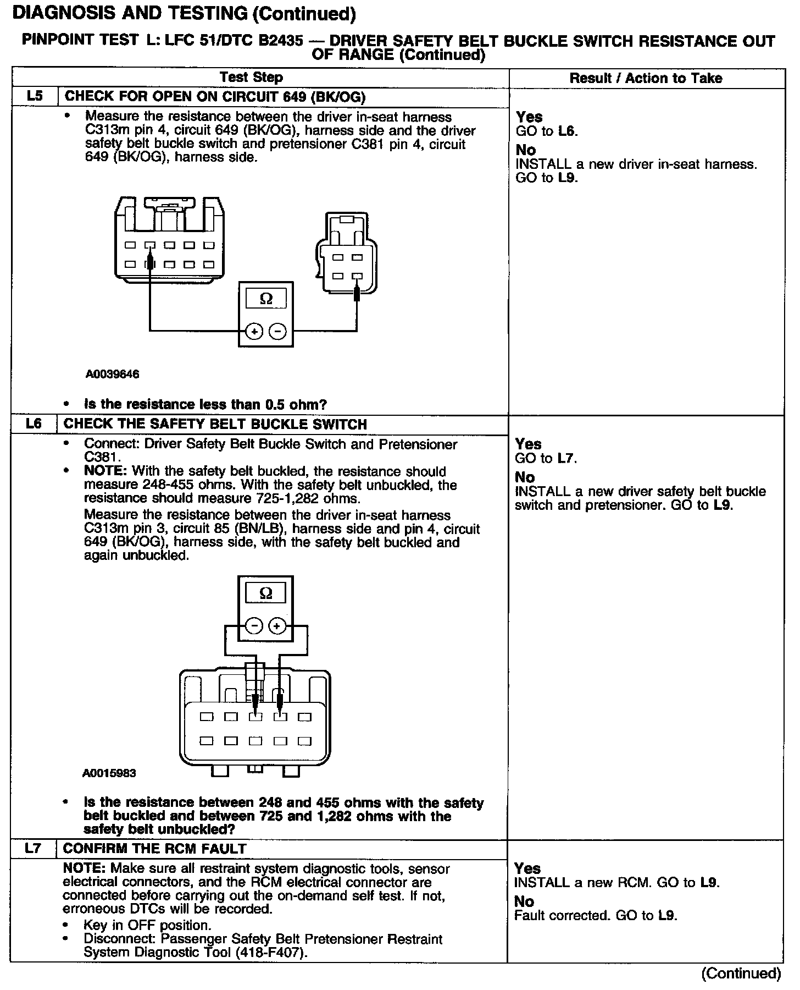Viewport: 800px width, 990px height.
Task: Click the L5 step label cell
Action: [34, 96]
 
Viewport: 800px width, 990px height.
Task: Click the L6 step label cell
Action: [34, 424]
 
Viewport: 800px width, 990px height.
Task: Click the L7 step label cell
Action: [33, 848]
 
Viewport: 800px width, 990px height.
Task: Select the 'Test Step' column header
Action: [251, 78]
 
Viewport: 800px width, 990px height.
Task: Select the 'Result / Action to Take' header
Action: [646, 78]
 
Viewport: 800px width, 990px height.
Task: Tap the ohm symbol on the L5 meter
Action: [265, 299]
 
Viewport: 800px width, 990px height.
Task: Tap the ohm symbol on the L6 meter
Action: [265, 593]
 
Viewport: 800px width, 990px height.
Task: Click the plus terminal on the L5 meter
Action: [254, 331]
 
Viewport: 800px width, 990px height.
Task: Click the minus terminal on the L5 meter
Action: [278, 331]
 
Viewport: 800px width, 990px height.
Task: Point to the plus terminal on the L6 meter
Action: [277, 626]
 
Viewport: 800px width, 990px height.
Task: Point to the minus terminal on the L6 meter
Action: [254, 626]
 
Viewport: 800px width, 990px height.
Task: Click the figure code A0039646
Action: [112, 374]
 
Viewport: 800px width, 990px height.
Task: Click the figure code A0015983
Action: [109, 773]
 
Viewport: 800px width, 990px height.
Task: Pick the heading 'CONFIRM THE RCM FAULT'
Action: [155, 848]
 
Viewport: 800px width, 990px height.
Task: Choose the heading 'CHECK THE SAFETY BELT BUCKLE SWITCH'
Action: [215, 424]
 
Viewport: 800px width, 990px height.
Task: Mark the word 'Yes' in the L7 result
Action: [527, 868]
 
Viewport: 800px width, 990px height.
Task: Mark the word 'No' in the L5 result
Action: [526, 150]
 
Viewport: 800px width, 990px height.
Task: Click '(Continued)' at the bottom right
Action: [741, 973]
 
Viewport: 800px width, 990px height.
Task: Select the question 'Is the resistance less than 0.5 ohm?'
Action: [205, 404]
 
